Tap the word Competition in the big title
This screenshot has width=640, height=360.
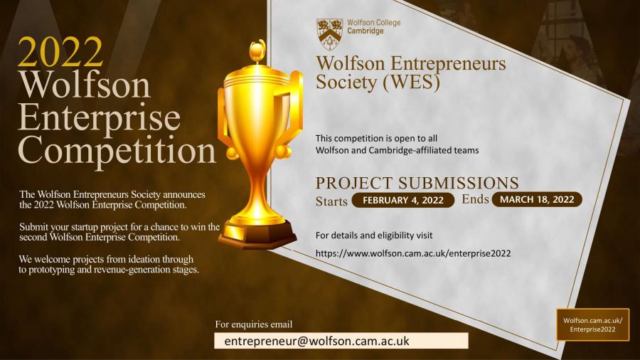(117, 149)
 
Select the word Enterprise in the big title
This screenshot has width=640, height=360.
(99, 117)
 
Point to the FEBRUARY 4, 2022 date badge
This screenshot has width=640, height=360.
(402, 200)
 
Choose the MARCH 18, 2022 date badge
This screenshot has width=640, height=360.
(537, 199)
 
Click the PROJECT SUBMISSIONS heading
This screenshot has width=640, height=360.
(417, 183)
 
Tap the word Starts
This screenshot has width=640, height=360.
(331, 201)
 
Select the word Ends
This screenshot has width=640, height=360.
(475, 199)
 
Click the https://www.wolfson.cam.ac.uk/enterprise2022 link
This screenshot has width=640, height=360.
(413, 253)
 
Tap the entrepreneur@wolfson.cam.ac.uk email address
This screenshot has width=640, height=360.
(316, 341)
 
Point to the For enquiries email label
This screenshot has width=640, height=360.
(254, 324)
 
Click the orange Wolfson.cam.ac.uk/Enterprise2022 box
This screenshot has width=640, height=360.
(592, 325)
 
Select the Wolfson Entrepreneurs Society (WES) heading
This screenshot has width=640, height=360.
(411, 73)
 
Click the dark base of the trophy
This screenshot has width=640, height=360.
(257, 234)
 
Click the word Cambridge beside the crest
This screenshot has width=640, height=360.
(366, 31)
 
